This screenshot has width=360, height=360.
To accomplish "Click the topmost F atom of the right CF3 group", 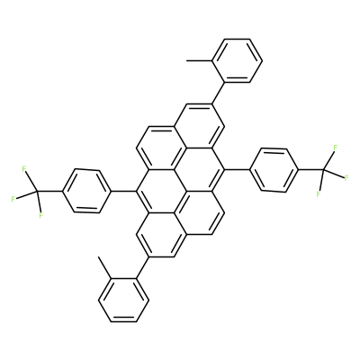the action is click(x=336, y=148).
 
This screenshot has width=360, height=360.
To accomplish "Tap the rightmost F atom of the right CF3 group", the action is click(x=346, y=177).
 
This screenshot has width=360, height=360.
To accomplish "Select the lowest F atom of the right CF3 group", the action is click(x=319, y=193).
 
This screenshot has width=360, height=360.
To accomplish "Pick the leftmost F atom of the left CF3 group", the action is click(x=13, y=199).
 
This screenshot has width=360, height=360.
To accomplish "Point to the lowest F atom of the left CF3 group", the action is click(x=41, y=214).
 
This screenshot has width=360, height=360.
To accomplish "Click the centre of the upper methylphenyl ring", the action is click(x=238, y=60).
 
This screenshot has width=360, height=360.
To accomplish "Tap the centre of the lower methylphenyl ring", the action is click(x=123, y=301).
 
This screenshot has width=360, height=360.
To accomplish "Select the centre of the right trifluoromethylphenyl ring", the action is click(x=274, y=169).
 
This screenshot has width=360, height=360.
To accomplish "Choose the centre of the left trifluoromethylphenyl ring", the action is click(x=86, y=191).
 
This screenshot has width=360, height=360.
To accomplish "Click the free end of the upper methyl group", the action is click(x=186, y=60).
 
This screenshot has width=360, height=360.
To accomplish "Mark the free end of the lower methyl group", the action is click(x=98, y=256).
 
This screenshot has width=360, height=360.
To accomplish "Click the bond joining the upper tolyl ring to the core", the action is click(x=219, y=93).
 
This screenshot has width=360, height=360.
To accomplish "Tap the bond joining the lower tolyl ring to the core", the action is click(x=142, y=268).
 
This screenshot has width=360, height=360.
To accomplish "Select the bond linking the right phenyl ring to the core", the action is click(x=237, y=169).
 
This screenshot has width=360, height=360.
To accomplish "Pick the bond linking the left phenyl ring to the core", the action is click(x=123, y=191).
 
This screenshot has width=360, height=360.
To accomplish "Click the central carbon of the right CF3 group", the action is click(x=324, y=170).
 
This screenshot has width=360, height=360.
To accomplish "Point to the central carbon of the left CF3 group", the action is click(x=36, y=191).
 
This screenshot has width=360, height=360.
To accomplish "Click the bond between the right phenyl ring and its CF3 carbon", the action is click(x=311, y=169).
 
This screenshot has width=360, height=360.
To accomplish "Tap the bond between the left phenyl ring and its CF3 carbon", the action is click(x=49, y=191).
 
